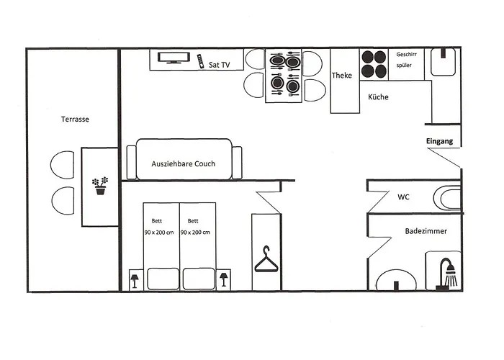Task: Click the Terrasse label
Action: [x=75, y=120]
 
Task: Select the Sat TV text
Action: [x=219, y=65]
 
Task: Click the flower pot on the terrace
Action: [x=100, y=186]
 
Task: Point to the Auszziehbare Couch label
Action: [x=183, y=163]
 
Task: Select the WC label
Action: [x=404, y=197]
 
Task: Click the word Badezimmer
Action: [x=426, y=232]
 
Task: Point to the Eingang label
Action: [x=439, y=141]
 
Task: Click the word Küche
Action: [x=378, y=96]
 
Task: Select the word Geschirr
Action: [x=408, y=55]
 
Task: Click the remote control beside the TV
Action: [x=199, y=60]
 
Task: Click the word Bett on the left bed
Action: [x=157, y=221]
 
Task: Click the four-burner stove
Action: [x=373, y=63]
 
